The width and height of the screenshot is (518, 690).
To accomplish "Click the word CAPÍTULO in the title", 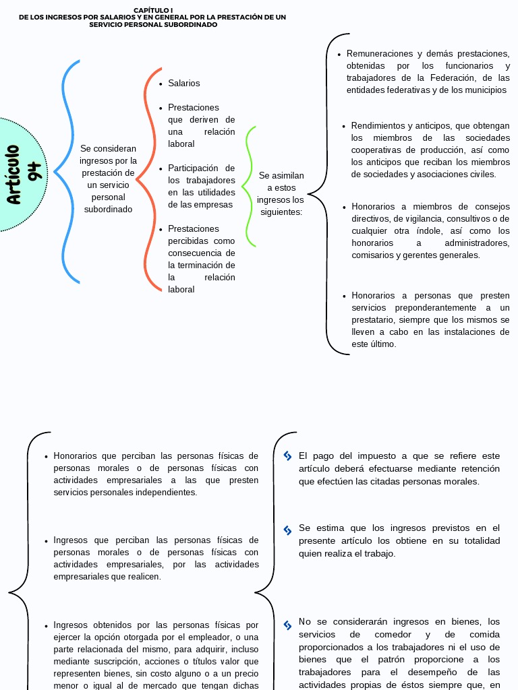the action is (148, 10).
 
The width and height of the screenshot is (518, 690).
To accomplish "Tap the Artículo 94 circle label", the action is (24, 174).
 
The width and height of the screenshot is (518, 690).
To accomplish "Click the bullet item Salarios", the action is (183, 83).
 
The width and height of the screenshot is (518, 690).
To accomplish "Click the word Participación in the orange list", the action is (193, 168).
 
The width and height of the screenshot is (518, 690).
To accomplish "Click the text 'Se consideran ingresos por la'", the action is (108, 154).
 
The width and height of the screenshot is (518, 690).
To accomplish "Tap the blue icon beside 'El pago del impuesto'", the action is (288, 456).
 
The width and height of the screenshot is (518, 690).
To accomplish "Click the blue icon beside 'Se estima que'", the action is (288, 530).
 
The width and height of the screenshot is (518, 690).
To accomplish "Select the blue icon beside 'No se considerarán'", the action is (288, 625).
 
